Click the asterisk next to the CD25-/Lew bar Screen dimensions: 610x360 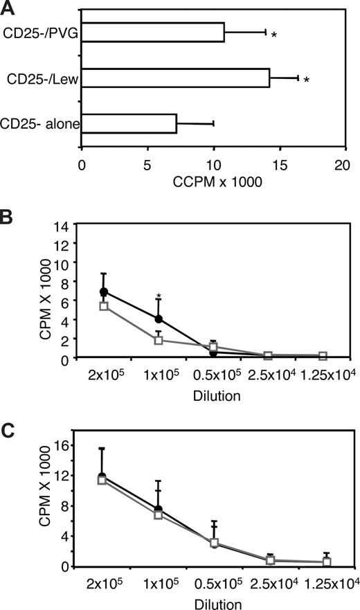point(306,80)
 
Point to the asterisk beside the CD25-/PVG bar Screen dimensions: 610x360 point(274,34)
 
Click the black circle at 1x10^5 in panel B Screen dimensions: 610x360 point(159,319)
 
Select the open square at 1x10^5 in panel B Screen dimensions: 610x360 point(159,340)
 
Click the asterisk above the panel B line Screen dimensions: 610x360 point(159,297)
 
